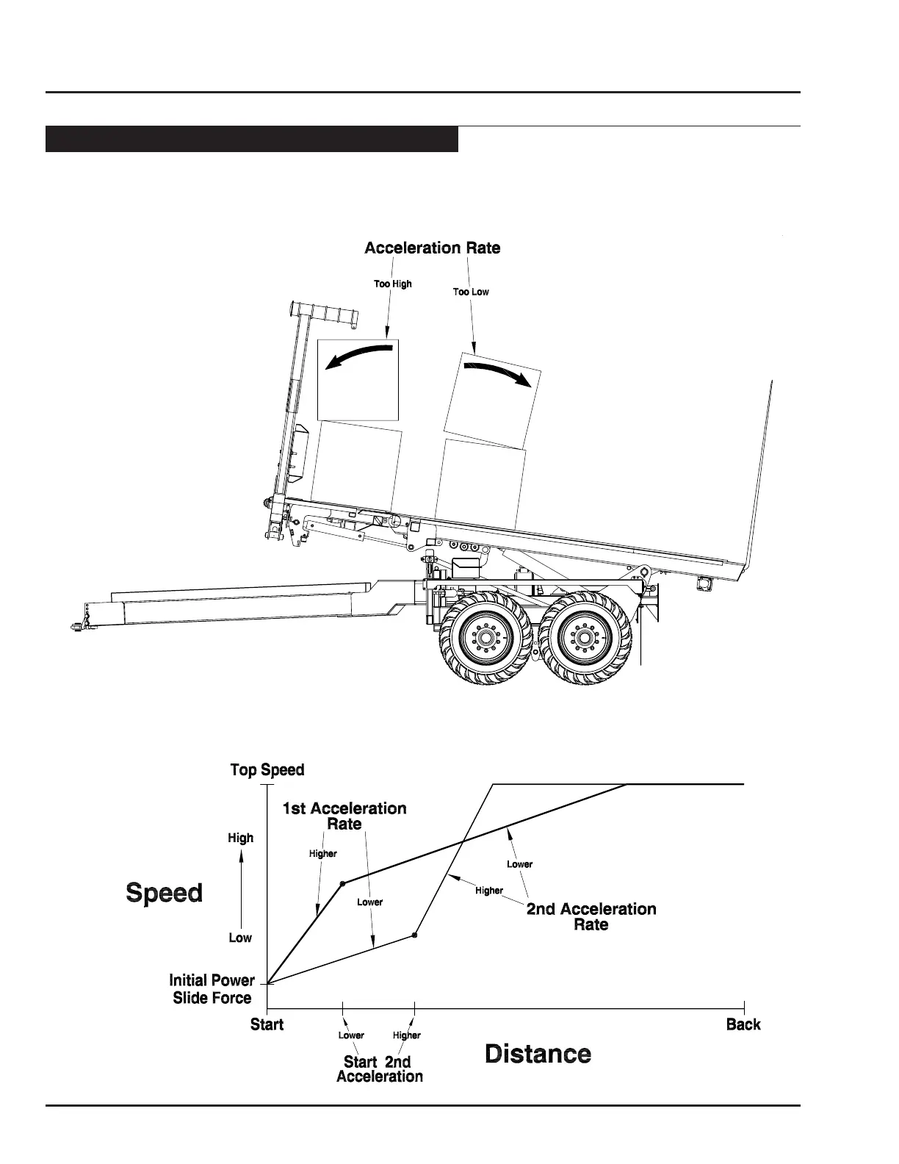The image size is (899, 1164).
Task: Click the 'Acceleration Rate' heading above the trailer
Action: point(432,248)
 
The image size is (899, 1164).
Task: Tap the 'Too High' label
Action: point(393,284)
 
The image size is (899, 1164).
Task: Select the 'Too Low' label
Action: point(471,292)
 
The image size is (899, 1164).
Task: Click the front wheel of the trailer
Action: point(486,636)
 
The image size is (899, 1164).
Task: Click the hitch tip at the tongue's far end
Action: point(76,625)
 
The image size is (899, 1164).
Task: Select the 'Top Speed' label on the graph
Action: point(267,770)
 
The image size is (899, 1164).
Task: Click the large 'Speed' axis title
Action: point(165,893)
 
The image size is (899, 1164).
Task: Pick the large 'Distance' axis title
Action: point(538,1054)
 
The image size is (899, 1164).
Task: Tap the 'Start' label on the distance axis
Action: point(267,1024)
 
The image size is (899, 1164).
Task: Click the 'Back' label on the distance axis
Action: point(743,1024)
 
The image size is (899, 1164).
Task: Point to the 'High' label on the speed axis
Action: point(240,838)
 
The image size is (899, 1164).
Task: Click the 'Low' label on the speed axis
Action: point(240,938)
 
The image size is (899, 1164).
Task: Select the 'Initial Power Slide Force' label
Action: point(212,989)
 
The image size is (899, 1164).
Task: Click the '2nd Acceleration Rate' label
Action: point(591,916)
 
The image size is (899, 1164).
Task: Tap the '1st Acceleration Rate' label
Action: point(344,816)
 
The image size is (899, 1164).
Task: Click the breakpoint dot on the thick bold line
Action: point(342,883)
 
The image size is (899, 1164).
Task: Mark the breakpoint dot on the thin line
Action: point(414,935)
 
